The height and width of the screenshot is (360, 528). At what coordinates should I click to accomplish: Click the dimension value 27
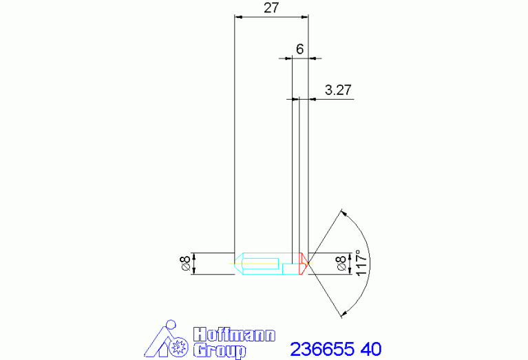(271, 8)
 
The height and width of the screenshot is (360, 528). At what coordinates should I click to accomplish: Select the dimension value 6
(299, 49)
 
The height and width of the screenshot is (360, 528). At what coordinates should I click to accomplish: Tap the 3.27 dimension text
(338, 90)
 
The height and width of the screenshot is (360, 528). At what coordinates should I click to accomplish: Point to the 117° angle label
(361, 263)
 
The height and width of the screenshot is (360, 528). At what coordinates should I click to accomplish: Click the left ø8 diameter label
(186, 263)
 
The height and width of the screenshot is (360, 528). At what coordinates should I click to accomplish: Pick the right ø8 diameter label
(341, 263)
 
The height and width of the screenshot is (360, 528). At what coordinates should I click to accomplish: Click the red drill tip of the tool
(303, 264)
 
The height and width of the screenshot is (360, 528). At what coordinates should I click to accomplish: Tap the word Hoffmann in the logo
(234, 335)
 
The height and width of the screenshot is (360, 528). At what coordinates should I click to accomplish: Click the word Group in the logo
(219, 350)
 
